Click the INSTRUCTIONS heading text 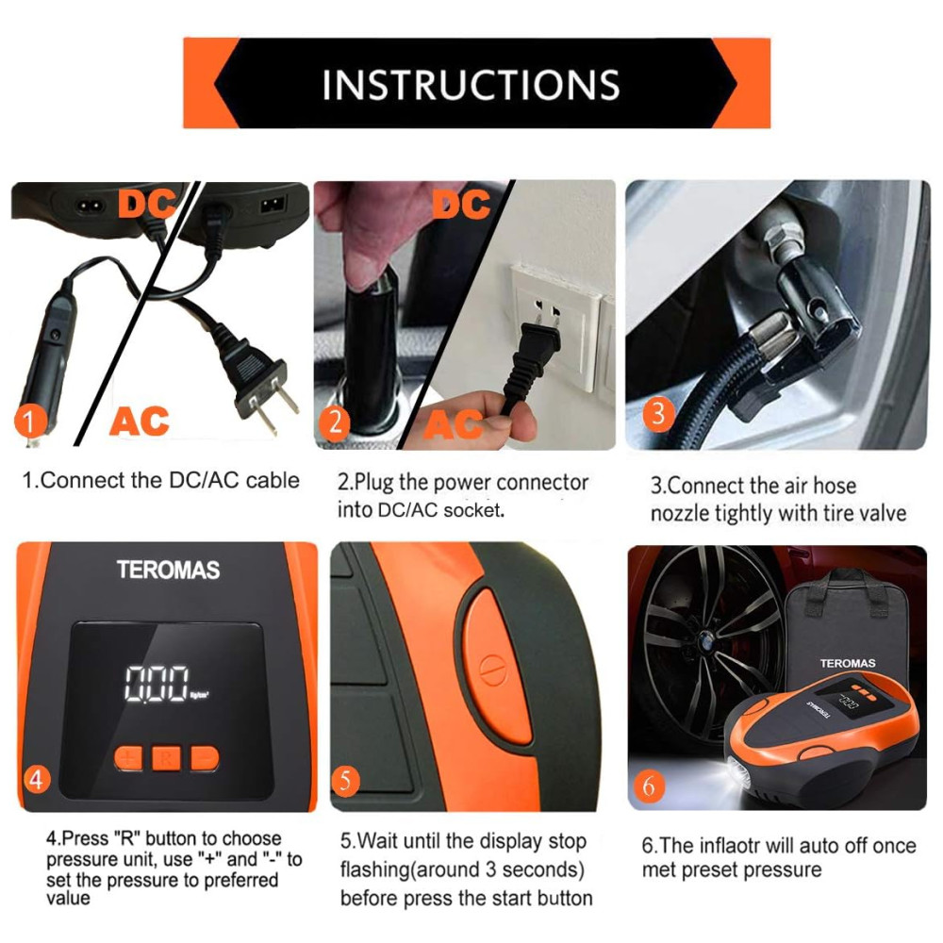471,84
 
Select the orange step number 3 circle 658,414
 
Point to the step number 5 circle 345,781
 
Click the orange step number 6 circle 650,786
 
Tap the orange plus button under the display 128,758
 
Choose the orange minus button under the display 205,758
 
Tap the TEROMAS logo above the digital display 169,570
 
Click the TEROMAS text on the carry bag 848,663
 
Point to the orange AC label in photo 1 139,421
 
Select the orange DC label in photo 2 461,204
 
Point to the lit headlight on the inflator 738,776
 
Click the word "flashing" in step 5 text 378,869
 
